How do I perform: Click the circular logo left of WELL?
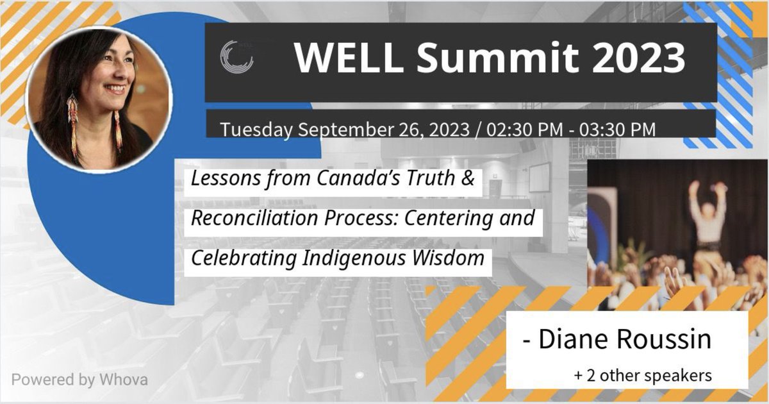(236, 58)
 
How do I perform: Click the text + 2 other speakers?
(643, 375)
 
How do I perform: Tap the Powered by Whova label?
(79, 379)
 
